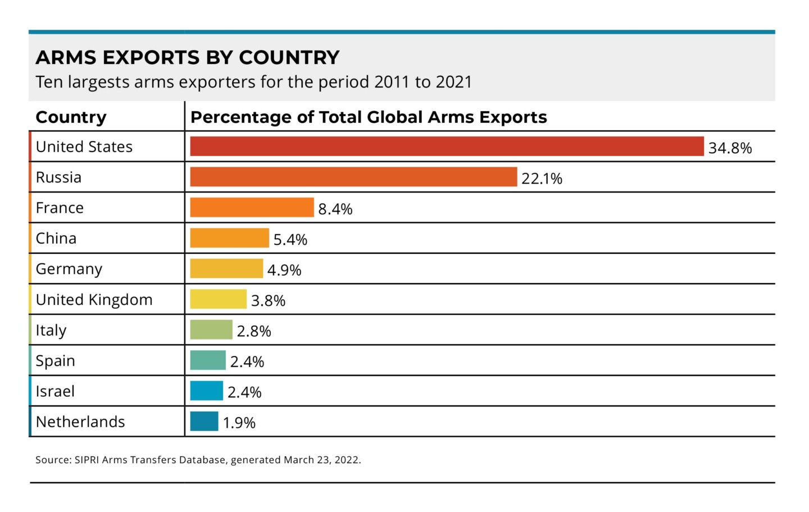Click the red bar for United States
click(447, 147)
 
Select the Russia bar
click(353, 177)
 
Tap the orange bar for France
click(252, 208)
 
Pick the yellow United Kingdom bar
click(218, 299)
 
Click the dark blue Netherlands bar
click(204, 422)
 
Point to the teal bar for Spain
click(208, 360)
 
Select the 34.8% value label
click(730, 148)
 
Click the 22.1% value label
click(542, 179)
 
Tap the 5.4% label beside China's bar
click(290, 240)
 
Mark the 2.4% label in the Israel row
click(244, 392)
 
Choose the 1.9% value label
click(239, 423)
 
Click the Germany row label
click(69, 269)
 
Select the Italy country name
click(51, 330)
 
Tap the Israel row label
click(54, 391)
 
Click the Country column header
click(71, 117)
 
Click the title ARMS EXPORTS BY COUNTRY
click(188, 57)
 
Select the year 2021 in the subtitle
click(453, 82)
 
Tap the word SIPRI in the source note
click(87, 460)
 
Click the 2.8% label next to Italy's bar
click(253, 331)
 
